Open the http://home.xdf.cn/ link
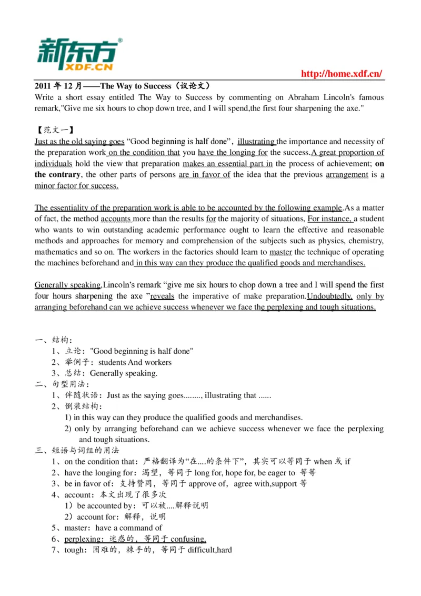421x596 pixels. click(342, 74)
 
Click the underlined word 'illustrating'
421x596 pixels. click(257, 142)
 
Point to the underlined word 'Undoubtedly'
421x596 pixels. click(329, 296)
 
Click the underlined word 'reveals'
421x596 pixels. click(163, 296)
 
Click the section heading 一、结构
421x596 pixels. click(54, 340)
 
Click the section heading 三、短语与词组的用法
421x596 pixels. click(77, 451)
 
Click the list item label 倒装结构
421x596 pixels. click(83, 406)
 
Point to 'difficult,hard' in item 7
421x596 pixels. click(209, 550)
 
